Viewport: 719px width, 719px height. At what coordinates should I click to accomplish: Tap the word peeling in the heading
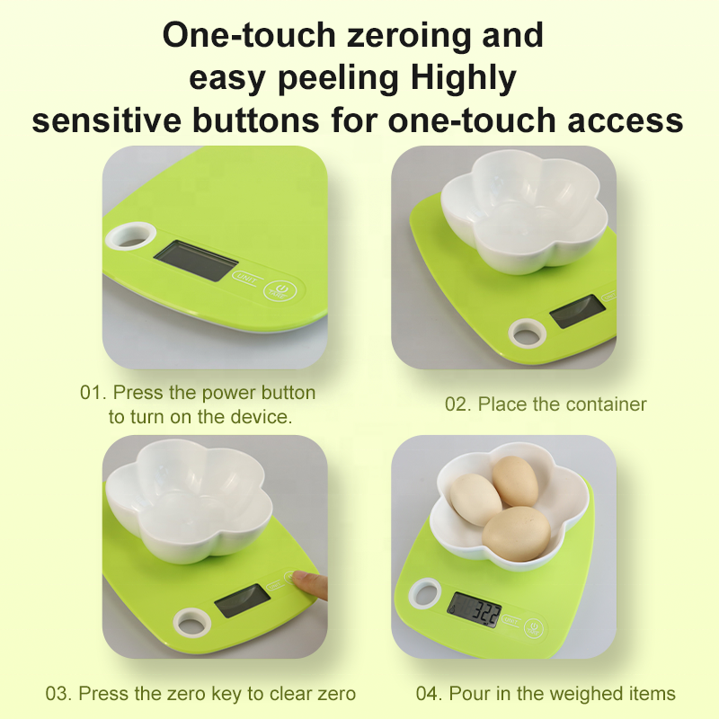click(339, 78)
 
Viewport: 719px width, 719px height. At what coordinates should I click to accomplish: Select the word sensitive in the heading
click(106, 120)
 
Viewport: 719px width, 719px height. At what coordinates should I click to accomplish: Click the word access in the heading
click(626, 121)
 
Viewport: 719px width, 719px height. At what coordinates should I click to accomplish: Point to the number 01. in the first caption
click(93, 393)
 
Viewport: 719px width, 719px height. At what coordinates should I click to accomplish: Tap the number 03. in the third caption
click(58, 693)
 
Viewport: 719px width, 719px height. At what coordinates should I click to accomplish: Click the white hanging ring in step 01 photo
click(130, 235)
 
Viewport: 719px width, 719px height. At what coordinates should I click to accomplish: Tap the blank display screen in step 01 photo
click(196, 260)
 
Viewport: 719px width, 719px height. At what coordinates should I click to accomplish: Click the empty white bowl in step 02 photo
click(520, 211)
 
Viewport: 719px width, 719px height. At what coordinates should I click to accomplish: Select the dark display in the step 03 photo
click(243, 600)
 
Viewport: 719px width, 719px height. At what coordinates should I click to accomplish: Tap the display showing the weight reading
click(475, 609)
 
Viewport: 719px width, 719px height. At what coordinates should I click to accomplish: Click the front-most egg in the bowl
click(516, 533)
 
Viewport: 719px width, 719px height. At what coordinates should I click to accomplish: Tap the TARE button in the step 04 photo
click(533, 628)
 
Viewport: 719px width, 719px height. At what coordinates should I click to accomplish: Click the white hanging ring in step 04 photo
click(424, 593)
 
